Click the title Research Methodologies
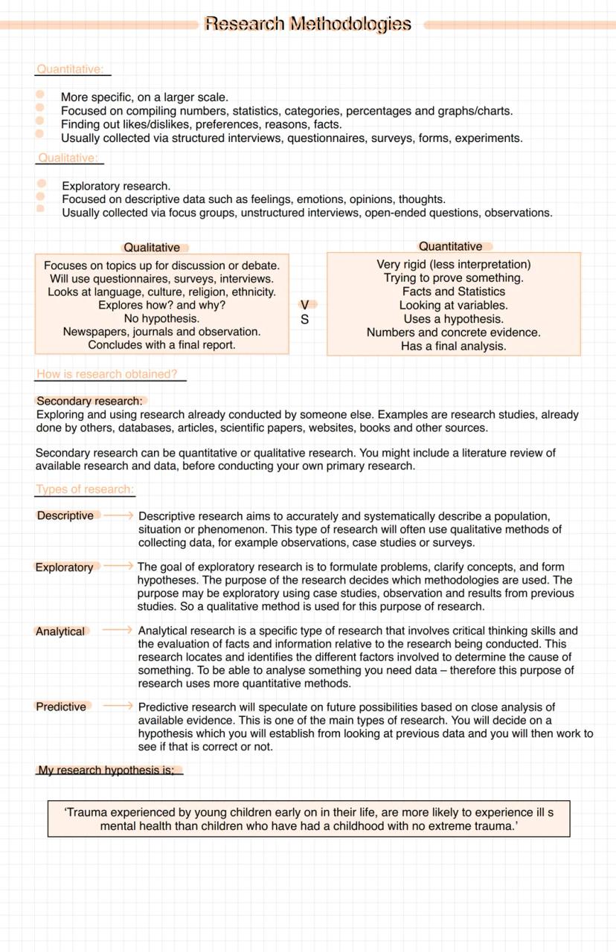pyautogui.click(x=307, y=25)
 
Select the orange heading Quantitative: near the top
pyautogui.click(x=70, y=69)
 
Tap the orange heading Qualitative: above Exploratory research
pyautogui.click(x=68, y=158)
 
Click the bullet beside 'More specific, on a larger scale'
pyautogui.click(x=40, y=95)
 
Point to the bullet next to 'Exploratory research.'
pyautogui.click(x=41, y=184)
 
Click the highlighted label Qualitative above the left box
pyautogui.click(x=152, y=248)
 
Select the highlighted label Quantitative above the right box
pyautogui.click(x=450, y=246)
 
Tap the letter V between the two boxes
pyautogui.click(x=305, y=305)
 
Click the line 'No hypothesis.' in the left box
pyautogui.click(x=161, y=318)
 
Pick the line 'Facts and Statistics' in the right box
pyautogui.click(x=454, y=292)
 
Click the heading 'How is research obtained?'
pyautogui.click(x=107, y=374)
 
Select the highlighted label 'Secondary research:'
pyautogui.click(x=89, y=401)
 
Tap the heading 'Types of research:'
pyautogui.click(x=85, y=489)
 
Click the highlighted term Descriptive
pyautogui.click(x=65, y=515)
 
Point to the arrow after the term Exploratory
pyautogui.click(x=118, y=566)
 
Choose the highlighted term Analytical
pyautogui.click(x=60, y=631)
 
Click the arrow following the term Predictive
pyautogui.click(x=118, y=706)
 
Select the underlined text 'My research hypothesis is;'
pyautogui.click(x=106, y=771)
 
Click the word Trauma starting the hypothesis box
pyautogui.click(x=87, y=813)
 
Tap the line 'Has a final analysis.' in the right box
pyautogui.click(x=454, y=346)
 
